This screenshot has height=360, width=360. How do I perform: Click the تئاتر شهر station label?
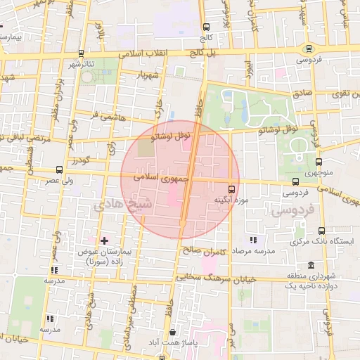point(81,65)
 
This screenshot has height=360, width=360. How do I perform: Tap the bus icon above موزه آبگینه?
point(232,189)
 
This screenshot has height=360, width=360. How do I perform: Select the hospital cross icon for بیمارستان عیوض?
point(104,241)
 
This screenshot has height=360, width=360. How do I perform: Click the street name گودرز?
point(78,161)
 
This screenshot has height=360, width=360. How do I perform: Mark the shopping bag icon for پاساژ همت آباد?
point(173,332)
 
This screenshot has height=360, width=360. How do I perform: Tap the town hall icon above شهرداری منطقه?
point(311,264)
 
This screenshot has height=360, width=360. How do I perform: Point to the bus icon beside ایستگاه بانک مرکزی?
point(322,231)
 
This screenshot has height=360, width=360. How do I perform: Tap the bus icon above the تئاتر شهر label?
point(81,53)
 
